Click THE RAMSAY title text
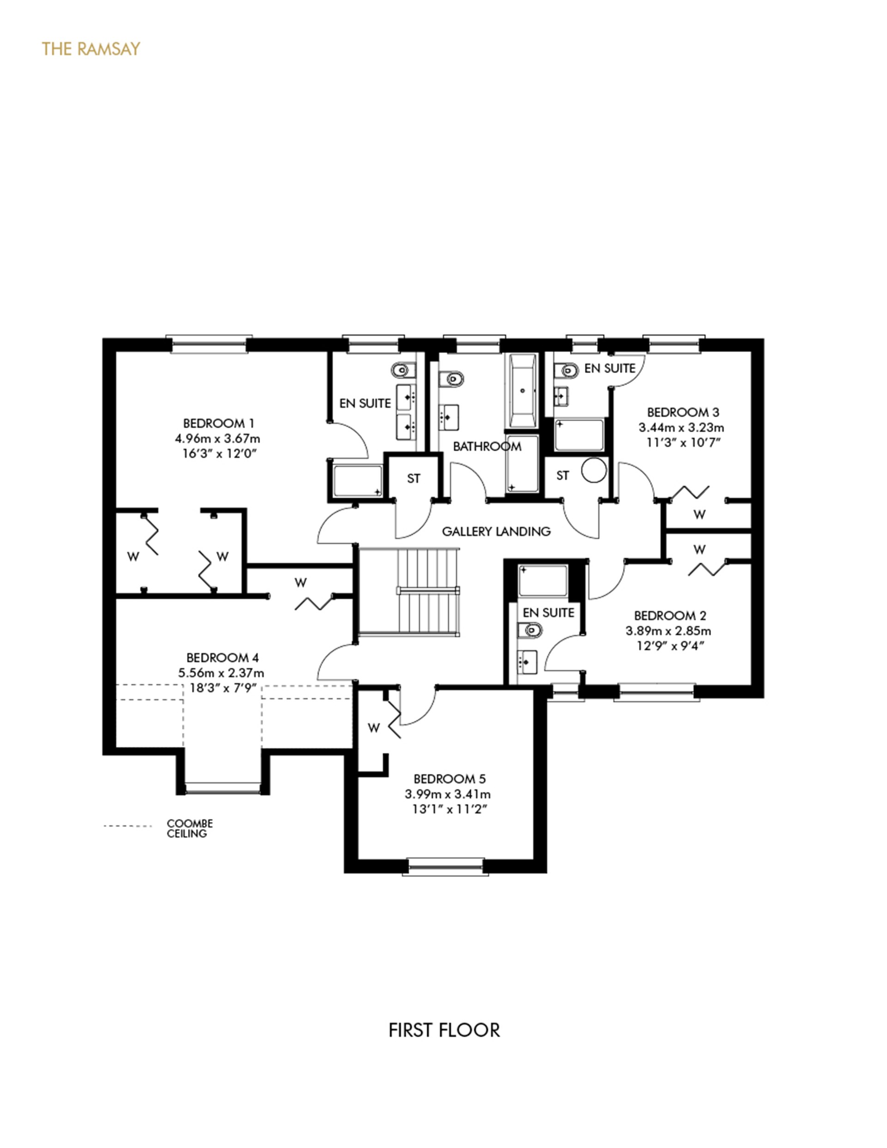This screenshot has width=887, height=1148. click(91, 49)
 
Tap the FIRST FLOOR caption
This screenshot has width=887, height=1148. click(444, 1030)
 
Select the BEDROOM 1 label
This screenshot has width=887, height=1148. click(218, 423)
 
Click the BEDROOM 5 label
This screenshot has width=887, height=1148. click(449, 779)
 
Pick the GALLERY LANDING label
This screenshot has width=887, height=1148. click(496, 532)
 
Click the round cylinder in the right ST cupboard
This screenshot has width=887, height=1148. click(594, 471)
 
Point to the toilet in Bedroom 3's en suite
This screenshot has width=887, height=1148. click(567, 370)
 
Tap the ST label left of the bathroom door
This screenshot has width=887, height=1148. click(413, 478)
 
